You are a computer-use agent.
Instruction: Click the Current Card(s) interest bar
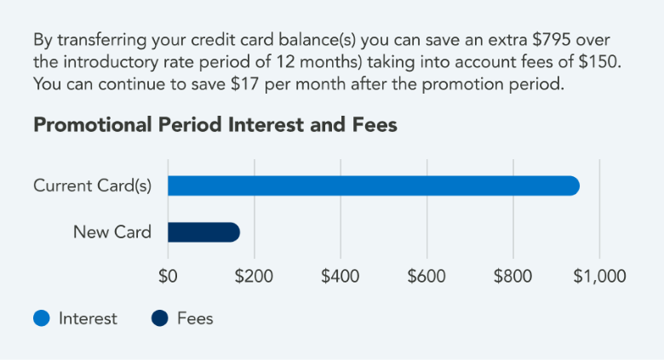coord(373,186)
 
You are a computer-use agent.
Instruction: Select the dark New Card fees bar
coord(203,232)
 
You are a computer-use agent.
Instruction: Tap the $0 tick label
coord(168,277)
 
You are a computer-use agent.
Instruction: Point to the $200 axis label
coord(254,277)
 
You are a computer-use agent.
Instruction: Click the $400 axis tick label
coord(341,277)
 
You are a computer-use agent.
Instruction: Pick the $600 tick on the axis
coord(426,277)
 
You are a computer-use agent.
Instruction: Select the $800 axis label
coord(512,277)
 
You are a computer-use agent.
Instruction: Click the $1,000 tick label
coord(599,277)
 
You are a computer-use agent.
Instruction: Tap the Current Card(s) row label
coord(92,186)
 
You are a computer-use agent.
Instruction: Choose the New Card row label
coord(112,232)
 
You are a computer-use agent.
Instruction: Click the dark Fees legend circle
coord(160,319)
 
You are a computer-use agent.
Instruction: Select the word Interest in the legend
coord(88,319)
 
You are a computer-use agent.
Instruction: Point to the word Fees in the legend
coord(195,319)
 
